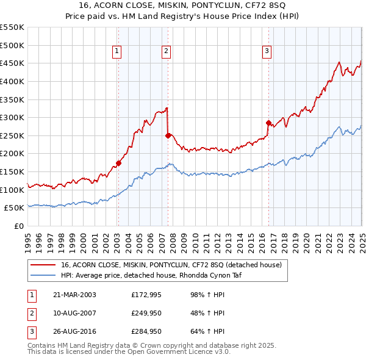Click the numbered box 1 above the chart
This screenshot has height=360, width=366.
point(117,52)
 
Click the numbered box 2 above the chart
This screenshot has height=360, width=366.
point(166,52)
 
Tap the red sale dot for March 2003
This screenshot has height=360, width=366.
point(119,163)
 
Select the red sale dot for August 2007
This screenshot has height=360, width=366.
point(168,135)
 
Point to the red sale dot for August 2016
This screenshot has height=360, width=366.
point(268,123)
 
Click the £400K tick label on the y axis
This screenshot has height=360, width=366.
point(12,81)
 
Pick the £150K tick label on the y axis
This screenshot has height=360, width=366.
point(12,171)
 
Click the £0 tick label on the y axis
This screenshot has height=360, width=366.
point(19,226)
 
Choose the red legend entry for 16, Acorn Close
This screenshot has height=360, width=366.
point(171,265)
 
